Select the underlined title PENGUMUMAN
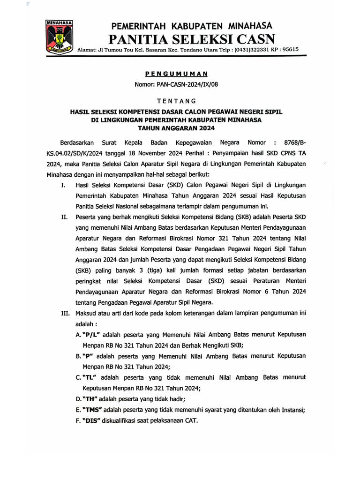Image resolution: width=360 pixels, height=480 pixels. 176,74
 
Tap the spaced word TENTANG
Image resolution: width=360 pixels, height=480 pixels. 176,101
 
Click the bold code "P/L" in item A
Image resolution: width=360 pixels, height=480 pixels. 93,335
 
